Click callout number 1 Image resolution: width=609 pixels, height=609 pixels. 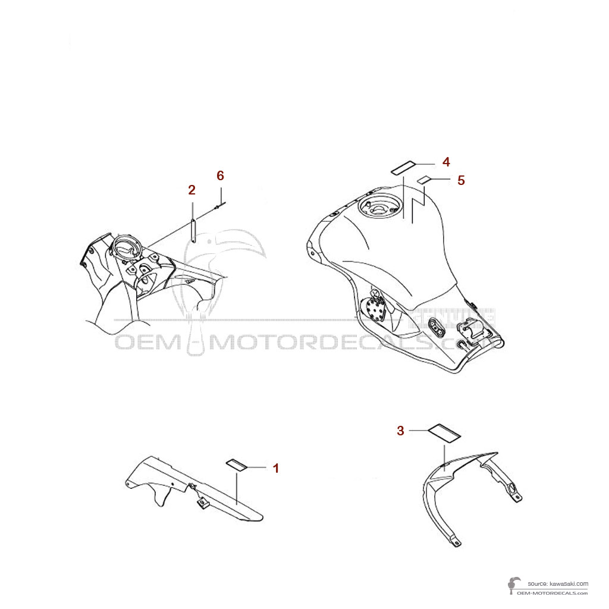coord(275,468)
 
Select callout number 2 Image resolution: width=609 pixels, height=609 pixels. coord(192,190)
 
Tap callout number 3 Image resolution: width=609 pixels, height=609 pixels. coord(401,431)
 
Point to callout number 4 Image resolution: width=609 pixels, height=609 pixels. coord(446,162)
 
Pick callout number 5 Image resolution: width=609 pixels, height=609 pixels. coord(461,180)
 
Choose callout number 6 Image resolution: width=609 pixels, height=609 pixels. coord(220,175)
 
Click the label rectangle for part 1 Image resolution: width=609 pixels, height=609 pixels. coord(237,464)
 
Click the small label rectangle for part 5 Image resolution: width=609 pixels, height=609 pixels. coord(425,180)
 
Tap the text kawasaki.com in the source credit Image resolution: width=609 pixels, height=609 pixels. coord(567,584)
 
